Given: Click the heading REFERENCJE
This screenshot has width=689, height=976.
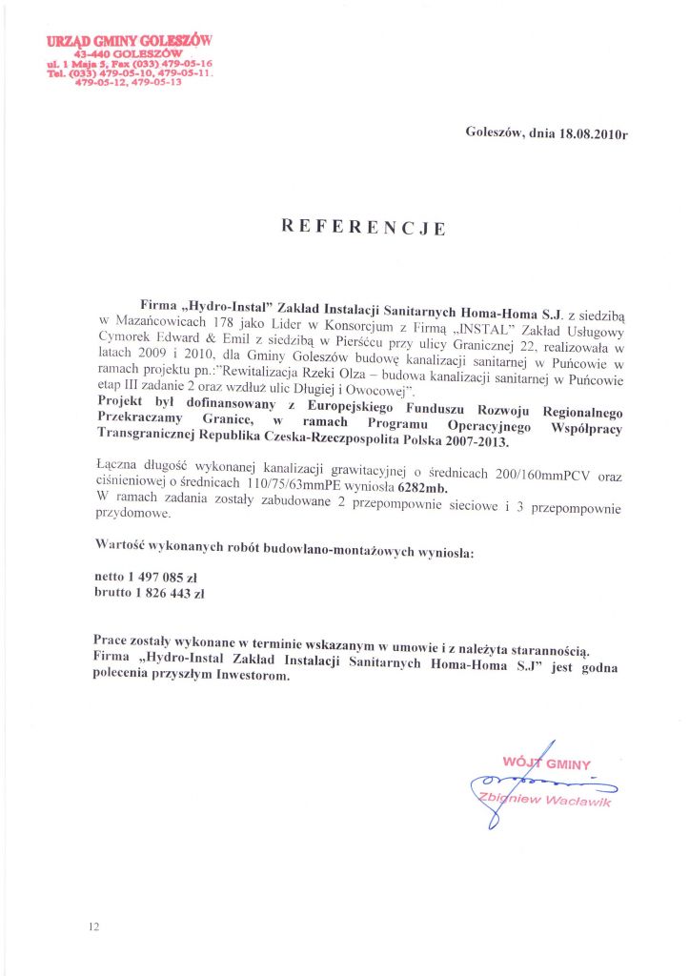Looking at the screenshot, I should [x=363, y=228].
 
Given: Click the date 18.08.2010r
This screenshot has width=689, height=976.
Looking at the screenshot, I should [x=593, y=133].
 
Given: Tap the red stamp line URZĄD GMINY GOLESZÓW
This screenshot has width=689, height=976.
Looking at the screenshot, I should [x=129, y=41].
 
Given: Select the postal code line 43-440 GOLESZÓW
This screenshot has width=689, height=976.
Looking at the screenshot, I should [x=129, y=53].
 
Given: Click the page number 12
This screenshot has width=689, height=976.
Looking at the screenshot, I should [x=93, y=925].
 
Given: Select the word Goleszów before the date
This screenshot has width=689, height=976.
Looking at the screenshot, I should [x=496, y=132].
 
